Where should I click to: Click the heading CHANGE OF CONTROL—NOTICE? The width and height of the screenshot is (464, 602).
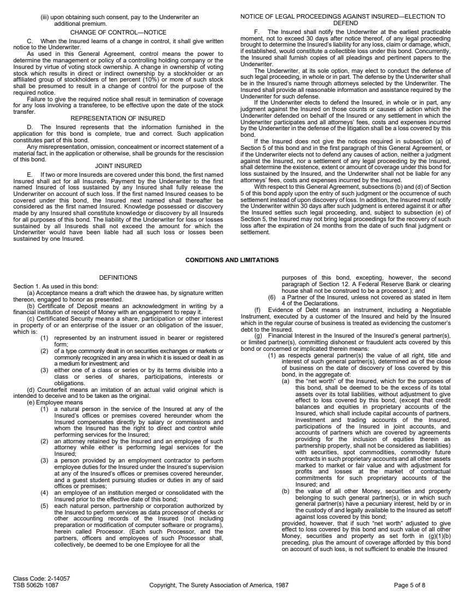pos(118,32)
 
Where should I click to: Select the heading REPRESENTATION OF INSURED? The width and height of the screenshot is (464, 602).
pos(118,118)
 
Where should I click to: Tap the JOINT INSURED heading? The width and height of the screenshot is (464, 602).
pos(118,165)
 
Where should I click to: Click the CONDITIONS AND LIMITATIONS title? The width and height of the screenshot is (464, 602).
pos(232,260)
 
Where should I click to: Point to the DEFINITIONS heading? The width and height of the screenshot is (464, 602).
pos(118,278)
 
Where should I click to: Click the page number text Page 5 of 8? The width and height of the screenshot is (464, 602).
pos(409,585)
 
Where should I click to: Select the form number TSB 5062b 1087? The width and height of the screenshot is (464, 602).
pos(36,585)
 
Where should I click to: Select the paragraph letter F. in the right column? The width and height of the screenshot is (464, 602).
pos(257,32)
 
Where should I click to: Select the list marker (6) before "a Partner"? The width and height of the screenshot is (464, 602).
pos(272,297)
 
